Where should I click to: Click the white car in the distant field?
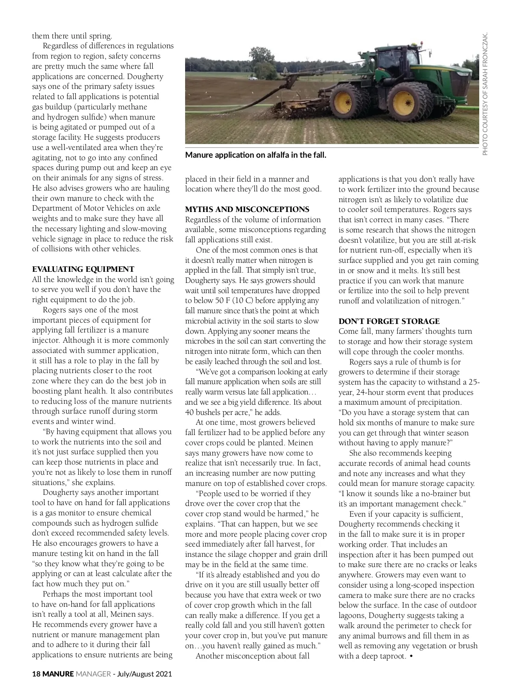click(x=253, y=79)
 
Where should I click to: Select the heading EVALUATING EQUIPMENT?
click(x=83, y=269)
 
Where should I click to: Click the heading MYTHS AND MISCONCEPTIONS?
click(x=247, y=209)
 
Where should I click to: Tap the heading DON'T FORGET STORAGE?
click(x=389, y=321)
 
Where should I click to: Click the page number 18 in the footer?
click(x=36, y=674)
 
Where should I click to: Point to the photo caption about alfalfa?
click(x=256, y=155)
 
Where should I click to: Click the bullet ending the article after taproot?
click(x=411, y=656)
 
